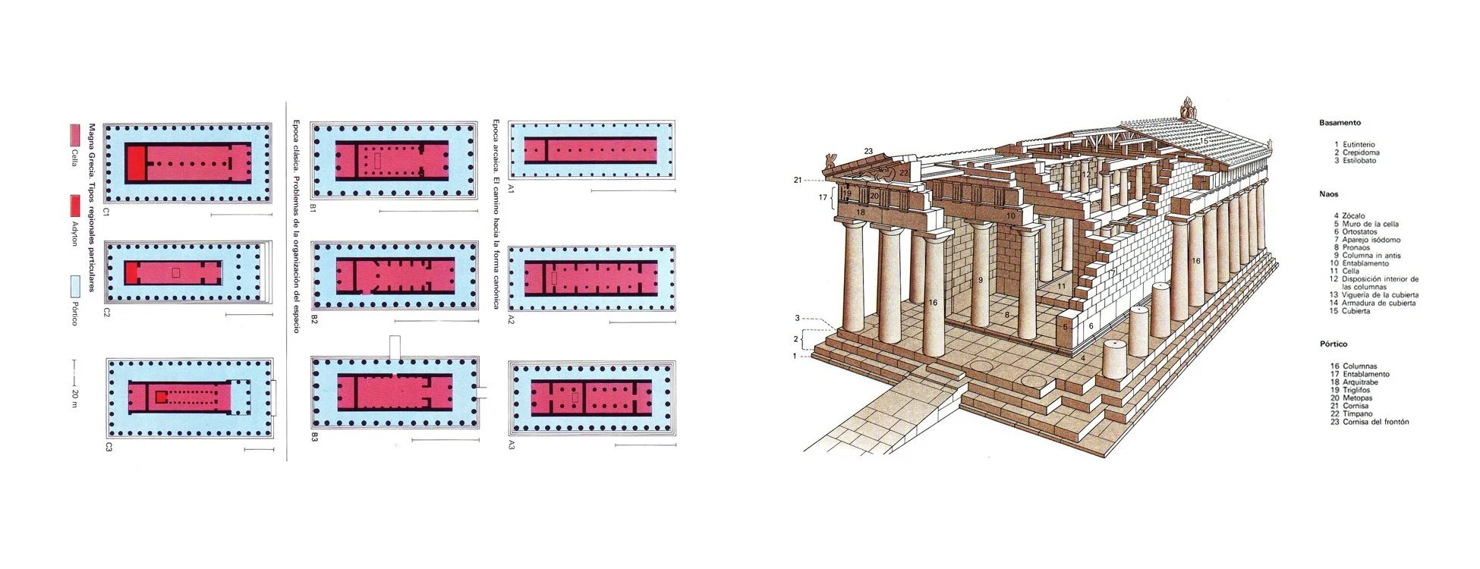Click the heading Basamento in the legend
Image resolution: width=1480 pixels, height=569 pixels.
click(1340, 123)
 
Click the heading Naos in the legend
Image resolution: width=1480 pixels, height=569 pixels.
click(1329, 195)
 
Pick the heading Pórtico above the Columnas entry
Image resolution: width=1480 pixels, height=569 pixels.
click(1334, 344)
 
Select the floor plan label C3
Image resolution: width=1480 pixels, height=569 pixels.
click(109, 448)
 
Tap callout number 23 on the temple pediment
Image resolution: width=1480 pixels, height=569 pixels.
click(868, 151)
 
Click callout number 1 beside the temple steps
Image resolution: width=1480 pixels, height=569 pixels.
click(795, 356)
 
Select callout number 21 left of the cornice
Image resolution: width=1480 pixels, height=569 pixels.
click(798, 181)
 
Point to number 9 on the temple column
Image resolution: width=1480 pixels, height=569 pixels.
click(980, 281)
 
